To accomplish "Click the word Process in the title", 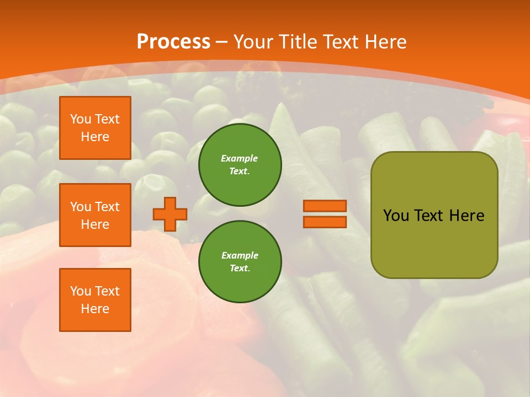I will pos(173,42).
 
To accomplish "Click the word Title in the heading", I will pos(299,42).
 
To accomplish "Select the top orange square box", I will pos(95,128).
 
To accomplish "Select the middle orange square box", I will pos(95,215).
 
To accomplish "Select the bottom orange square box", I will pos(95,300).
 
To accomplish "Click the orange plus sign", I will pos(170,214).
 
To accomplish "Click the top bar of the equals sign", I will pos(325,206).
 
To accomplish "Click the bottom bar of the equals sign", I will pos(325,222).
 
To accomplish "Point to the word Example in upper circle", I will pos(240,158).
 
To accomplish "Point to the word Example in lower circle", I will pos(240,255).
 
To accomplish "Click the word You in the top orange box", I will pos(81,119).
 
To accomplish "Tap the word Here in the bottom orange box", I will pos(95,309).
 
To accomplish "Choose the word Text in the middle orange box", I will pos(107,207).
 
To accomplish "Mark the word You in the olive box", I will pos(396,216).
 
